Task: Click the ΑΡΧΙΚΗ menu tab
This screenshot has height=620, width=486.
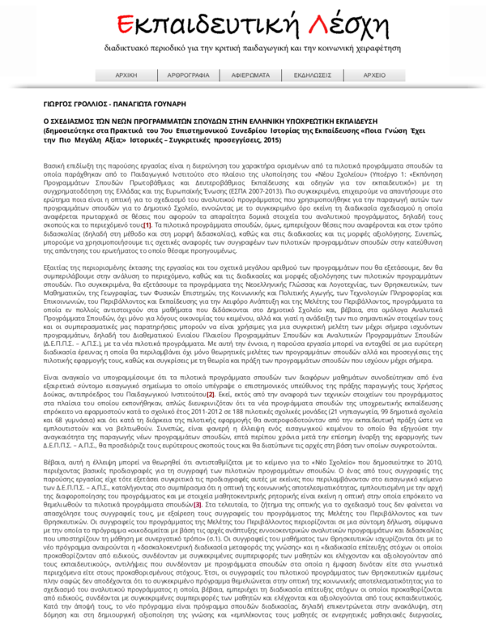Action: point(126,75)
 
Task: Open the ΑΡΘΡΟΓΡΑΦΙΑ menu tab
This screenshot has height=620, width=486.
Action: point(188,75)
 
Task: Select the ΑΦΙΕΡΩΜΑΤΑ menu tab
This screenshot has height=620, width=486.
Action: point(250,75)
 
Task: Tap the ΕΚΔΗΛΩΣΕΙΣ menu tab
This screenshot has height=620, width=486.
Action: point(312,75)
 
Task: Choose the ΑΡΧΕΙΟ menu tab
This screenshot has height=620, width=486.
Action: point(373,75)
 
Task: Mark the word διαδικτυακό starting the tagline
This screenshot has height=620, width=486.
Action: point(126,49)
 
